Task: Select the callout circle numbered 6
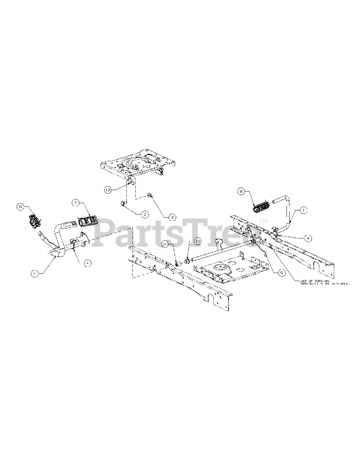(21, 207)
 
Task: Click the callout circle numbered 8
(241, 190)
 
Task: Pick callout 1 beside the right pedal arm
(303, 210)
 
